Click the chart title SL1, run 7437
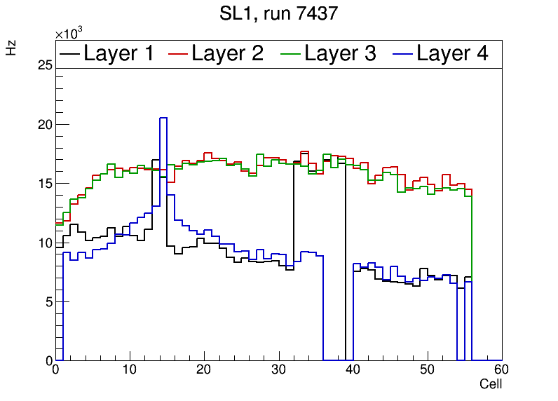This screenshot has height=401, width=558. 279,14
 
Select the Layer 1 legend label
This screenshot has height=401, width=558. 118,53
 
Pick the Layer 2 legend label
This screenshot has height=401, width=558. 228,53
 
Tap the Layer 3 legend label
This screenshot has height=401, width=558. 340,53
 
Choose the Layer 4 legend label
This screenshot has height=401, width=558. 452,53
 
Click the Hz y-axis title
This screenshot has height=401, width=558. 11,48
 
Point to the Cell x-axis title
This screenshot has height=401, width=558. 491,384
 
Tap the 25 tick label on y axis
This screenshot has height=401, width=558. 45,65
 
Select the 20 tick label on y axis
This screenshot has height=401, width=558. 45,125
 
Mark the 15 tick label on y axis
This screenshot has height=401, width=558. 45,184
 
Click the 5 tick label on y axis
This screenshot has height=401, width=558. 48,302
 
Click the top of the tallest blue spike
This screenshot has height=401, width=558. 163,118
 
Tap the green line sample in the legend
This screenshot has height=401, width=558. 291,53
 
